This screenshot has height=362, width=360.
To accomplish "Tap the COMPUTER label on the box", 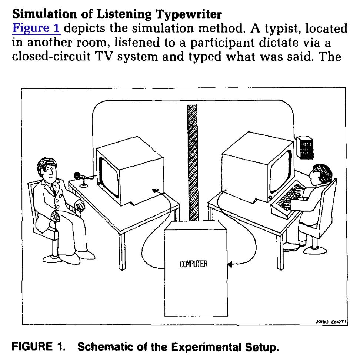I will (194, 264).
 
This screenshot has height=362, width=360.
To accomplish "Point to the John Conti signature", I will (330, 322).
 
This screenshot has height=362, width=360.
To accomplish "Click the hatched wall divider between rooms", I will (192, 163).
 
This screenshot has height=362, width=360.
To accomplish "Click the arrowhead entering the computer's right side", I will (230, 264).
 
